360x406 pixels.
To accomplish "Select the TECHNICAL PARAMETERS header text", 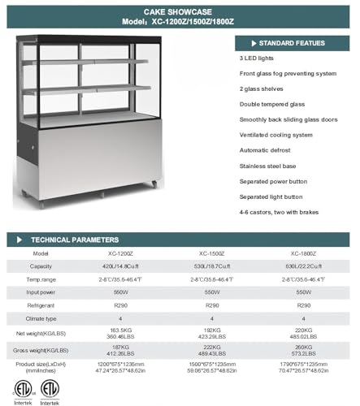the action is [x=74, y=240].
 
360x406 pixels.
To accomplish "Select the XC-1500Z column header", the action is [x=210, y=253].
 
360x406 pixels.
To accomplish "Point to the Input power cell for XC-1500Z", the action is [x=210, y=292].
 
